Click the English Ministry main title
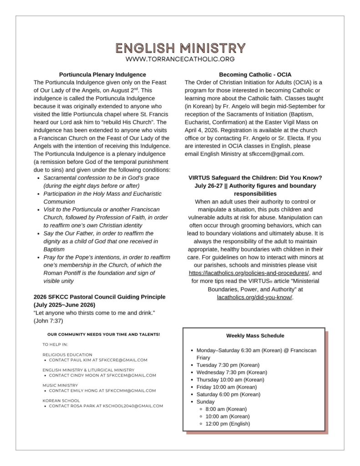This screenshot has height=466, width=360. [180, 48]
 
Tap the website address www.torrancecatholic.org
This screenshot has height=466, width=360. [180, 59]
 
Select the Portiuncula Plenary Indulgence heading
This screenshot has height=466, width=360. [102, 74]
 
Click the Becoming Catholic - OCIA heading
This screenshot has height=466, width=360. [255, 74]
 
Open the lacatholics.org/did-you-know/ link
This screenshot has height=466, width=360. [255, 297]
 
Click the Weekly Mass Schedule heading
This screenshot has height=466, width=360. [255, 336]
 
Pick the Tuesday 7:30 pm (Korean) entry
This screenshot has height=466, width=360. [228, 365]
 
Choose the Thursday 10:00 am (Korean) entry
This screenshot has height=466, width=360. [230, 380]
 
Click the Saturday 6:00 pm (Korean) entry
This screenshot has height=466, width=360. [228, 394]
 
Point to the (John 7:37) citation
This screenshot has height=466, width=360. [48, 321]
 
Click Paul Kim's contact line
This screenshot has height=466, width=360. [98, 360]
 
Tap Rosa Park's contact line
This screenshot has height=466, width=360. [106, 406]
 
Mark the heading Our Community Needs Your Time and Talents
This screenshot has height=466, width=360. [103, 334]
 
